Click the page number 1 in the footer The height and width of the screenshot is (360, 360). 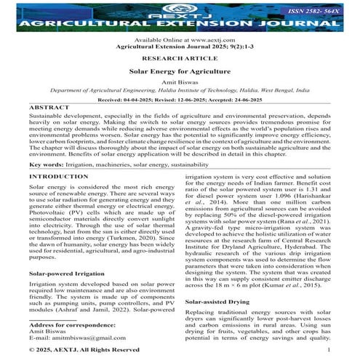click(329, 350)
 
